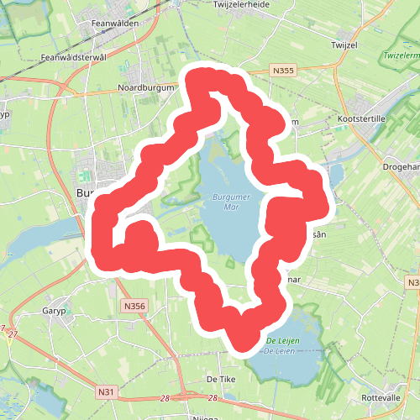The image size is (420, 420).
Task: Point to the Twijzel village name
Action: pos(345,44)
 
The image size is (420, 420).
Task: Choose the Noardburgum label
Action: pos(146,87)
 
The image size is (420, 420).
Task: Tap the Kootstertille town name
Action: pos(360,119)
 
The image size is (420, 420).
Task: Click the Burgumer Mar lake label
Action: pos(220,202)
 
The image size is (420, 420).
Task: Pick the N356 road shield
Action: pos(133,307)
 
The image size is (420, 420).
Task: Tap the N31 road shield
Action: pos(106,391)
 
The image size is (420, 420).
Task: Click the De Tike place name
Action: pos(220,380)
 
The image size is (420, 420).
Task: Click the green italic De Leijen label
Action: pos(283,339)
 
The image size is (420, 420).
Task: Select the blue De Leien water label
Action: pos(281,349)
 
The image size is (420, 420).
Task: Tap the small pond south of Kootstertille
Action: pos(336,175)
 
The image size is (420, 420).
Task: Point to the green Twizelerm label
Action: pos(400,55)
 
